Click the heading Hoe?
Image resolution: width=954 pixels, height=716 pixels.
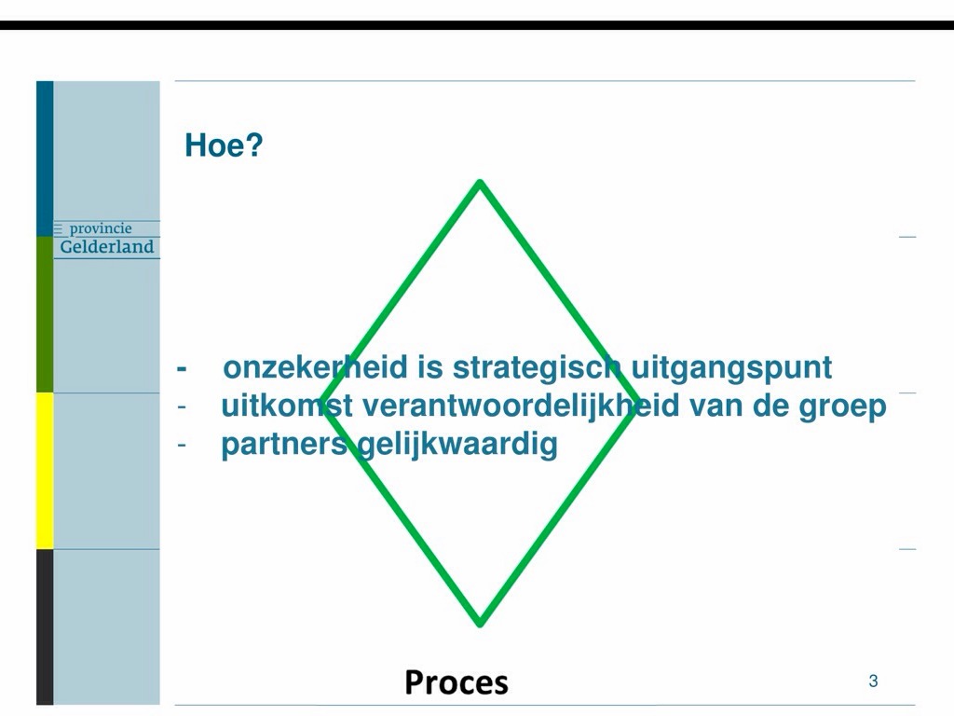tap(224, 145)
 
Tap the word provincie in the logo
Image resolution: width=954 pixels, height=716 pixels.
tap(101, 229)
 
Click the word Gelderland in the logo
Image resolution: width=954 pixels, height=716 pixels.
tap(107, 246)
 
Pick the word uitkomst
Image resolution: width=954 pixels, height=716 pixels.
tap(287, 406)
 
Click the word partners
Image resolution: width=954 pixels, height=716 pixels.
tap(284, 445)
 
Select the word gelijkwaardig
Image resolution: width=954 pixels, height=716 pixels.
tap(457, 445)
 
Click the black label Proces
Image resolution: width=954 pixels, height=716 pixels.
tap(457, 682)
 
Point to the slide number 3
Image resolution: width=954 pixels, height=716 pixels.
tap(873, 681)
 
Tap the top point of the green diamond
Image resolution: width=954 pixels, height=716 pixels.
tap(480, 182)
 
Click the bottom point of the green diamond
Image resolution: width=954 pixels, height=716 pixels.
tap(480, 624)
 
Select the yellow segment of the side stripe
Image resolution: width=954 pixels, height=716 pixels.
tap(45, 471)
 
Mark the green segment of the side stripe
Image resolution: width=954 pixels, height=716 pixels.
tap(45, 315)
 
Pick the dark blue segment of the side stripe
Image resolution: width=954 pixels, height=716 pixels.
tap(45, 158)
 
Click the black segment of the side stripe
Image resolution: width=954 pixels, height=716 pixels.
tap(45, 626)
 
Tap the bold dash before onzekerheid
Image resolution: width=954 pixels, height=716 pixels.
tap(182, 368)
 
